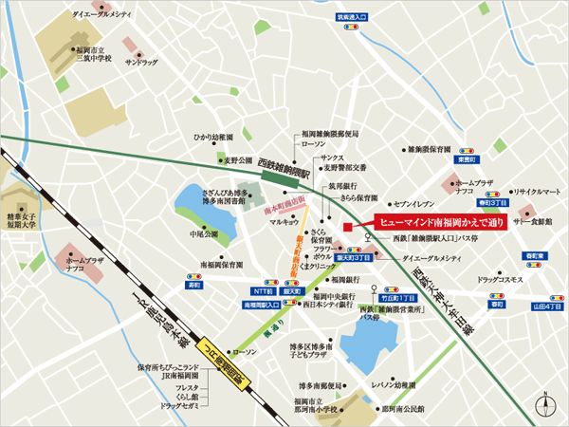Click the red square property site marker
pyautogui.click(x=348, y=226)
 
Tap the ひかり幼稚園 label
pyautogui.click(x=213, y=137)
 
